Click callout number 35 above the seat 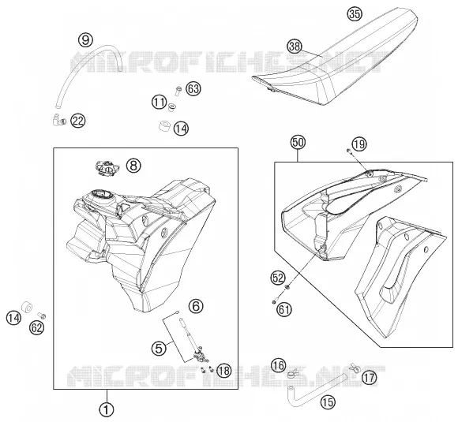point(355,13)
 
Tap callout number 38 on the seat point(295,46)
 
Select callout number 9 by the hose point(85,39)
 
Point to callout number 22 point(78,121)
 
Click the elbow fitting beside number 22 point(59,120)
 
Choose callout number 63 point(193,88)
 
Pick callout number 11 point(160,102)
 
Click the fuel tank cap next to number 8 point(107,168)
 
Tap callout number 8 point(133,166)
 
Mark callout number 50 point(298,143)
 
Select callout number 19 point(359,144)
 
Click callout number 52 point(278,278)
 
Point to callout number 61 point(284,309)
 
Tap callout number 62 point(36,328)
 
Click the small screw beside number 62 point(42,316)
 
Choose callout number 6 point(196,306)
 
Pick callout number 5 point(160,348)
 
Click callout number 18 point(223,371)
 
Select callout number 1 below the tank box point(107,409)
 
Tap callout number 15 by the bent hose point(328,402)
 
